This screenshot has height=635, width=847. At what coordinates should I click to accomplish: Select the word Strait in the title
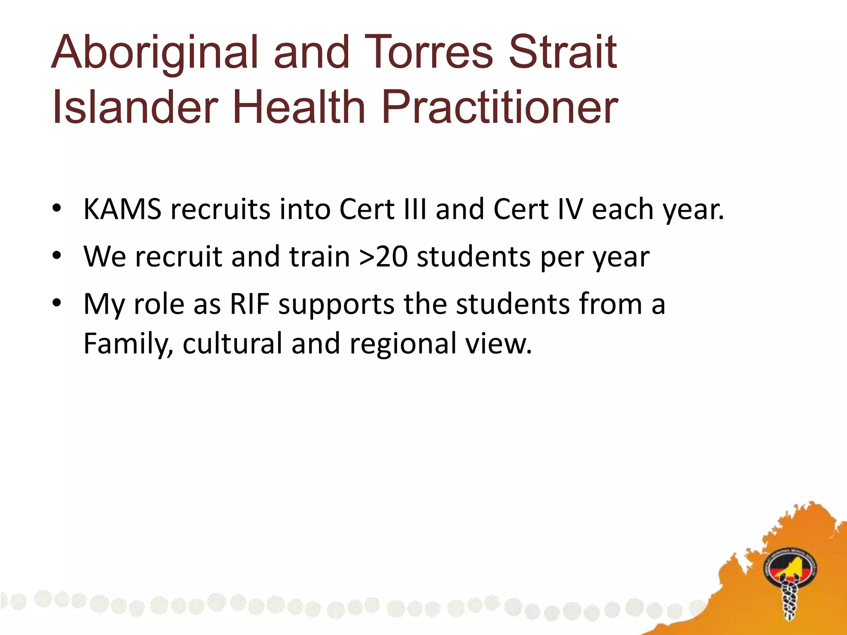[x=562, y=53]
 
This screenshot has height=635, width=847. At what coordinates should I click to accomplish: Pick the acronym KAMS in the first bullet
[x=122, y=209]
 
